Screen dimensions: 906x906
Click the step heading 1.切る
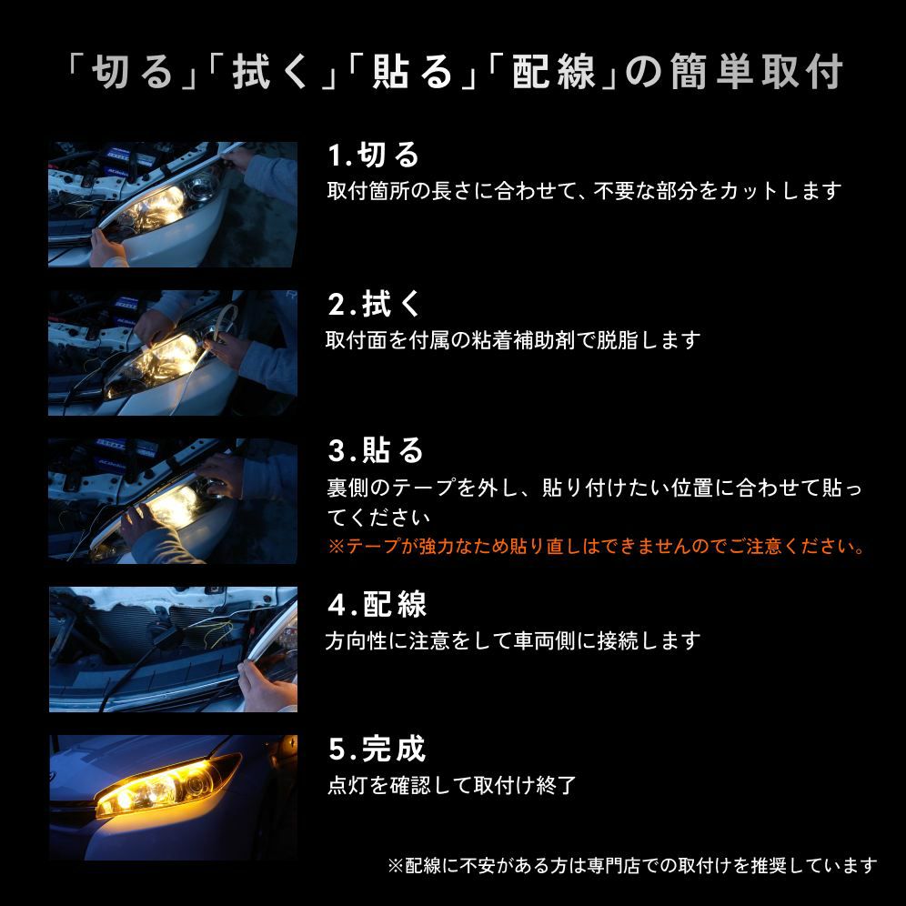click(x=373, y=155)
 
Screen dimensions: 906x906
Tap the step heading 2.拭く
click(x=375, y=304)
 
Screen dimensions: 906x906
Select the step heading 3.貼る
click(x=376, y=450)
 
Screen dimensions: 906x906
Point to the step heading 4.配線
click(x=377, y=604)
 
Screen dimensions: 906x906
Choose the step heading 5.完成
click(x=377, y=749)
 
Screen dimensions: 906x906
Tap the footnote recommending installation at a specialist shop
click(x=632, y=865)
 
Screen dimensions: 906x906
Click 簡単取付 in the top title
click(x=756, y=72)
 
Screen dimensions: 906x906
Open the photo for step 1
click(x=173, y=204)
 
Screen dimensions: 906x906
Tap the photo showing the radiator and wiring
click(x=173, y=649)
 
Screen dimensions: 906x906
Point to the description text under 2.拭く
click(x=513, y=340)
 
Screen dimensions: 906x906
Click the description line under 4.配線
click(x=513, y=640)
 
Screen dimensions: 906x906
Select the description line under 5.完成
click(x=452, y=785)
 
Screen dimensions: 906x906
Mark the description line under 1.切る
click(x=584, y=191)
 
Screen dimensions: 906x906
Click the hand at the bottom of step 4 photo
click(x=267, y=687)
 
